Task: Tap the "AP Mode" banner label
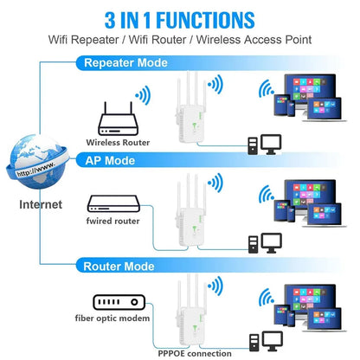coord(109,161)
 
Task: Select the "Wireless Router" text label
coord(118,142)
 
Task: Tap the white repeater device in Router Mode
coord(191,313)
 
